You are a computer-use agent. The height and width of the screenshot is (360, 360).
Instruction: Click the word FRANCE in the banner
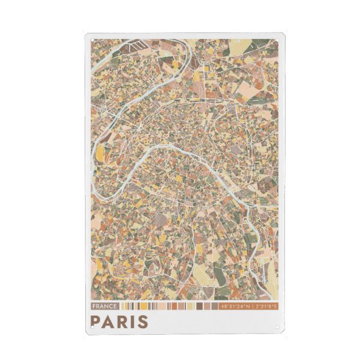[x=103, y=306]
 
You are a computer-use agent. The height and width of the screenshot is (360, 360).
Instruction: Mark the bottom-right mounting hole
[x=277, y=328]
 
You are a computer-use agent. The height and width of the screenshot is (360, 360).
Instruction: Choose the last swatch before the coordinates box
[x=215, y=306]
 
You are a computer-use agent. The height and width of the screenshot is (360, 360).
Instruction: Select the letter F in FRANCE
[x=94, y=306]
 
